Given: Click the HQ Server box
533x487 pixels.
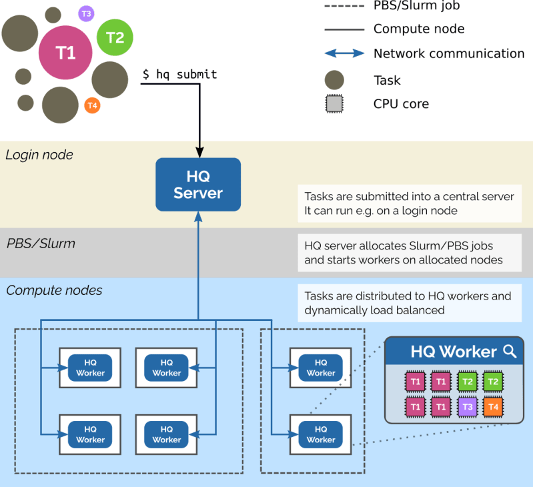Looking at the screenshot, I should [x=197, y=185].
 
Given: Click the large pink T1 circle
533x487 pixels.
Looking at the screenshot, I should [x=65, y=53].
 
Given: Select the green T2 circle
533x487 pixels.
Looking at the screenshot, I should [x=115, y=37].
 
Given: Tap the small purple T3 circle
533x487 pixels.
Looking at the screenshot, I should [x=86, y=13].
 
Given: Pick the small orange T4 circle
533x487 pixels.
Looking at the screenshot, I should [x=93, y=105].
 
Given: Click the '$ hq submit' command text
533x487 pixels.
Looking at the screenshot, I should [x=179, y=75].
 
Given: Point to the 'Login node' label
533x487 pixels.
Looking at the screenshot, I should [x=39, y=155].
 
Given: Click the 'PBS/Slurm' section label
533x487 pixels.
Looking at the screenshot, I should [x=41, y=243].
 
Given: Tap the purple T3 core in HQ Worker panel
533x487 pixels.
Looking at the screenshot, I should [x=468, y=406].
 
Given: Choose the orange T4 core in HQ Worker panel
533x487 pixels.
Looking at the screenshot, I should [x=493, y=406].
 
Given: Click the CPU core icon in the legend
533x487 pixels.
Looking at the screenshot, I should [x=334, y=104].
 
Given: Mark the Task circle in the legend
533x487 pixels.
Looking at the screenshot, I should [x=334, y=80].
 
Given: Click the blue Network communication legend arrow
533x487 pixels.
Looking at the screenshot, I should [x=344, y=53].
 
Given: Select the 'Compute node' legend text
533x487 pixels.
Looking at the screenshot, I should [x=418, y=29].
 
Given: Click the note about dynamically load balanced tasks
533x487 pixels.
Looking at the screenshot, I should [x=409, y=303].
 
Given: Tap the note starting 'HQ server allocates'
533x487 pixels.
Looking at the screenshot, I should [x=409, y=253].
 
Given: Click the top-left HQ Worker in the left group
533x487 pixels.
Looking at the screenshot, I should [x=90, y=368].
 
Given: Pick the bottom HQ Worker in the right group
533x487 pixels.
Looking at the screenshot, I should [x=321, y=434].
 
